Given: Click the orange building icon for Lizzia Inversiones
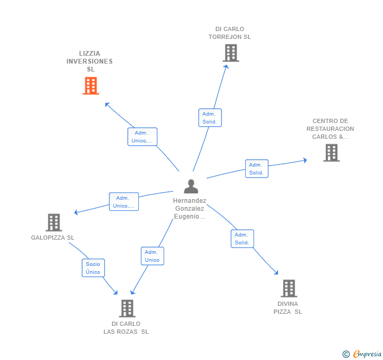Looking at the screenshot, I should tap(90, 86).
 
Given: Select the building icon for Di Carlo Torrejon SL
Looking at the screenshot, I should tap(230, 53).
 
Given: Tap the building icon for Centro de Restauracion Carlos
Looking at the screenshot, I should tap(331, 152).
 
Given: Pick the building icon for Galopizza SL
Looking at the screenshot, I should tap(54, 222).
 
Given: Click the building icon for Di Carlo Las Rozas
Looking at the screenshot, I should tap(127, 308).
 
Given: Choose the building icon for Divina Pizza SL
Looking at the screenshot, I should tap(288, 288).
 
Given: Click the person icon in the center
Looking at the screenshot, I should tap(191, 186).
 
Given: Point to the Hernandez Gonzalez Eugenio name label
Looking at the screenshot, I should tap(190, 209).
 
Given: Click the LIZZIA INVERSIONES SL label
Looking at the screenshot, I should tap(89, 61).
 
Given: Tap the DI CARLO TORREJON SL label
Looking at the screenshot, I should tap(229, 33).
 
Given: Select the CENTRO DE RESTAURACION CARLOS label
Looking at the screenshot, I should tap(330, 129).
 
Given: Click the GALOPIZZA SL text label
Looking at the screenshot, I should tap(53, 238).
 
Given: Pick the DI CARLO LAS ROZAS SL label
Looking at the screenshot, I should tap(126, 327).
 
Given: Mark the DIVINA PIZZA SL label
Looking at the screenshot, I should tap(288, 307).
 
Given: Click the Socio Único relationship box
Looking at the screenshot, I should tap(93, 268).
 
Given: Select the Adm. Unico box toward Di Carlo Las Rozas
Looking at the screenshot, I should tap(152, 256).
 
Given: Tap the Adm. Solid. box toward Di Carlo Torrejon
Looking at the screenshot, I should tap(210, 118).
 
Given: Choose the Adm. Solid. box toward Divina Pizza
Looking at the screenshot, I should tap(242, 239).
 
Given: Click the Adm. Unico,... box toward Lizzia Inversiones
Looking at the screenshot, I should tap(142, 137).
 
